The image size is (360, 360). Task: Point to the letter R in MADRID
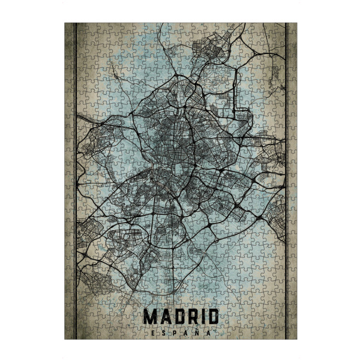[x=190, y=316]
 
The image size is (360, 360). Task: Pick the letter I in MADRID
[x=200, y=316]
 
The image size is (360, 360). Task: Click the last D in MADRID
[x=211, y=316]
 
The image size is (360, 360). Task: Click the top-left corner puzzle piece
[x=69, y=28]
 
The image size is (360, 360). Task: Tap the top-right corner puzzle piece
[x=292, y=28]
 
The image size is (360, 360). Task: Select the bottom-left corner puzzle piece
[x=69, y=334]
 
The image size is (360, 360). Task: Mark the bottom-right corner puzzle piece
[x=292, y=334]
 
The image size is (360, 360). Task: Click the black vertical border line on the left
[x=74, y=180]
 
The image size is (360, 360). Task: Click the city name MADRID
[x=180, y=316]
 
